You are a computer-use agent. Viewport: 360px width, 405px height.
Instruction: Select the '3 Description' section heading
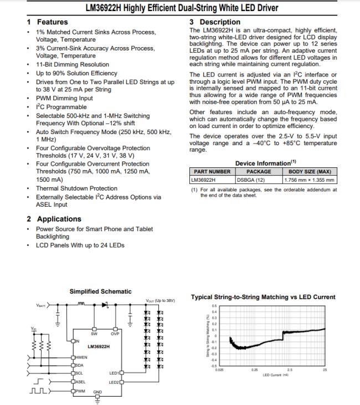point(212,22)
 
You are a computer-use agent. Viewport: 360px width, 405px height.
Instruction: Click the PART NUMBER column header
point(212,172)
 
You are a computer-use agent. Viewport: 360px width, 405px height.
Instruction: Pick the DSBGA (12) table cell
point(251,180)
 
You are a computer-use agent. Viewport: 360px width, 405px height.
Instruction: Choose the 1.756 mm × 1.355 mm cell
point(309,180)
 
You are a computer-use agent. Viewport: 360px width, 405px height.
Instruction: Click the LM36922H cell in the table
point(203,180)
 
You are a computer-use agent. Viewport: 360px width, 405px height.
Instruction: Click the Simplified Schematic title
point(101,291)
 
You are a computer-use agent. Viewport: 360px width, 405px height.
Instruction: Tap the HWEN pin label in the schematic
point(81,357)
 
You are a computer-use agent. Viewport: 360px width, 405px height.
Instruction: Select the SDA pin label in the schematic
point(80,365)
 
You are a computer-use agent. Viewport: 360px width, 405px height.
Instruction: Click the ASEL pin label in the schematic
point(80,382)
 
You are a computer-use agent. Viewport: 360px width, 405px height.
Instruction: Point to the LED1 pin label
point(114,373)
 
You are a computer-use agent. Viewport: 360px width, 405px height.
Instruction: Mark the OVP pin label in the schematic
point(115,334)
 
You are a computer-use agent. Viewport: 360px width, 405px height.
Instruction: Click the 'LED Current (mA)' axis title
point(278,375)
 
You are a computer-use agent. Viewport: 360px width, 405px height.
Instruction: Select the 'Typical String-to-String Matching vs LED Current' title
point(263,297)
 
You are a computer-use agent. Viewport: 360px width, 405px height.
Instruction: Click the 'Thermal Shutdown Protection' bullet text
point(76,188)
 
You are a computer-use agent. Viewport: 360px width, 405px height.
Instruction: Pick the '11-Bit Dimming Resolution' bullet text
point(73,64)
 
